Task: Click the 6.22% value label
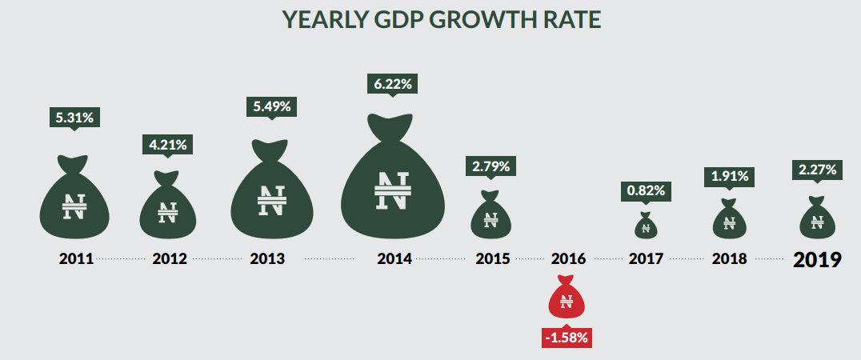click(x=392, y=83)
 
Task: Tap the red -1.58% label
click(x=567, y=337)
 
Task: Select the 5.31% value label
click(x=74, y=118)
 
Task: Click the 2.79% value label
click(x=491, y=166)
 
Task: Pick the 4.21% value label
click(x=168, y=145)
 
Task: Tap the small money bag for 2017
click(x=644, y=226)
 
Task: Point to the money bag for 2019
click(x=817, y=218)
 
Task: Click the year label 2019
click(x=817, y=259)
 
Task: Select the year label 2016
click(x=568, y=259)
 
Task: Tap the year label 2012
click(x=169, y=259)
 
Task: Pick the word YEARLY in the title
click(x=303, y=19)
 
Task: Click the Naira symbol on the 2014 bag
click(x=392, y=190)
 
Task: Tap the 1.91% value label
click(x=729, y=176)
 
